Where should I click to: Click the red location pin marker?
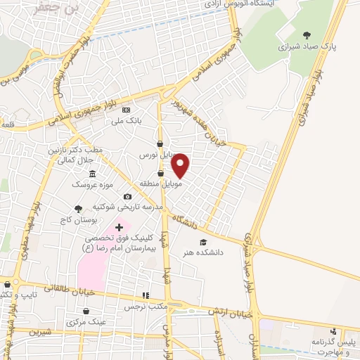coord(181,165)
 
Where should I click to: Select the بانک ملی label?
coord(129,121)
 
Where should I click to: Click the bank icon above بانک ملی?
coord(126,110)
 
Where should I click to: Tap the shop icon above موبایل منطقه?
coord(160,173)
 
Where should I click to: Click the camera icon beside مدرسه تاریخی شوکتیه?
coord(127,196)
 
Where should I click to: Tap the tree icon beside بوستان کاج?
coord(78,208)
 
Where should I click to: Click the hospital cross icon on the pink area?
coord(118,226)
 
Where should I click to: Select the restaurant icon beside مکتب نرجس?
coord(146,296)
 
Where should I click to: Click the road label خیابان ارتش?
coord(229,311)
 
